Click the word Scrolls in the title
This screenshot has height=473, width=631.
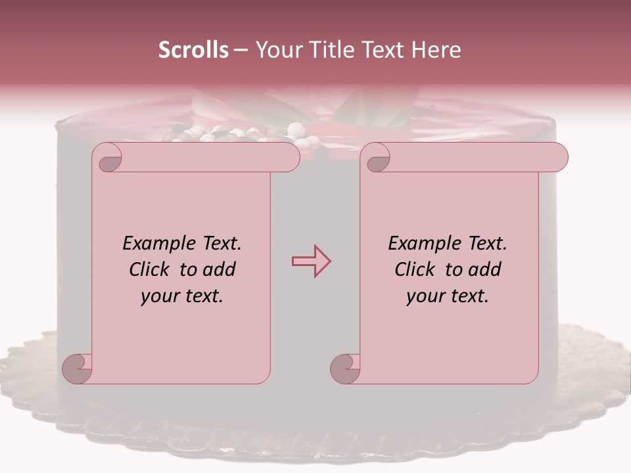click(x=193, y=50)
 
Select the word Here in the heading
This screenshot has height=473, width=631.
click(x=436, y=50)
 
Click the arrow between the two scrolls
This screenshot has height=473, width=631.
click(x=311, y=261)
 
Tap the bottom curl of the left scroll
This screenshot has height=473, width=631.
click(x=78, y=368)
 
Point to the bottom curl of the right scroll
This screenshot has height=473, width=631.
click(x=345, y=368)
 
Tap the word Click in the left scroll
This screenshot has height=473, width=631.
click(x=151, y=269)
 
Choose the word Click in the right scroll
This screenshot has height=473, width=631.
click(x=415, y=269)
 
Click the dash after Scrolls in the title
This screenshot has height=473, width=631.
click(x=241, y=50)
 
